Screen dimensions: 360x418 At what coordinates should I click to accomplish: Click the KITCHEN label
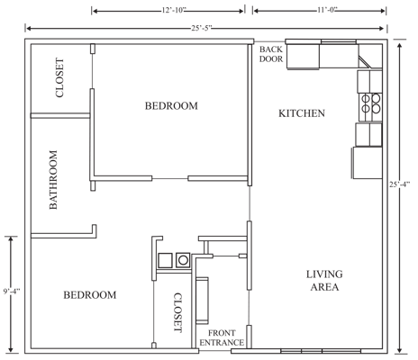pos(302,113)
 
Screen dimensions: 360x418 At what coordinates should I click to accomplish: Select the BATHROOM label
pos(53,180)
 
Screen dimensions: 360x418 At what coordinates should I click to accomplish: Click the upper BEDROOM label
pos(170,106)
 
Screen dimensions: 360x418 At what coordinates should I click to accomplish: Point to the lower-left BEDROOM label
pos(89,295)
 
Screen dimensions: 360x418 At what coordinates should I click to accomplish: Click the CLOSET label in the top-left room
pos(59,77)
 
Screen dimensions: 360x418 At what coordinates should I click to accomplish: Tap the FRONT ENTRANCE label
pos(222,337)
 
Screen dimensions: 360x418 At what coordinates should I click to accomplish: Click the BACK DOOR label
pos(270,54)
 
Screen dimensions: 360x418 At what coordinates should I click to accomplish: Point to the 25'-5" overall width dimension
pos(200,29)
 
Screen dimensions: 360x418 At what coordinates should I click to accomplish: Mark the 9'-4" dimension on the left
pos(11,292)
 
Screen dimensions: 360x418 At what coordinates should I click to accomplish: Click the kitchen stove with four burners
pos(368,107)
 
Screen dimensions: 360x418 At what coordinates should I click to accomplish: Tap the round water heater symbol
pos(183,261)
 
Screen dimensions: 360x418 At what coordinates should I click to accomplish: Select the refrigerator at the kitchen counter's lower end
pos(366,163)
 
